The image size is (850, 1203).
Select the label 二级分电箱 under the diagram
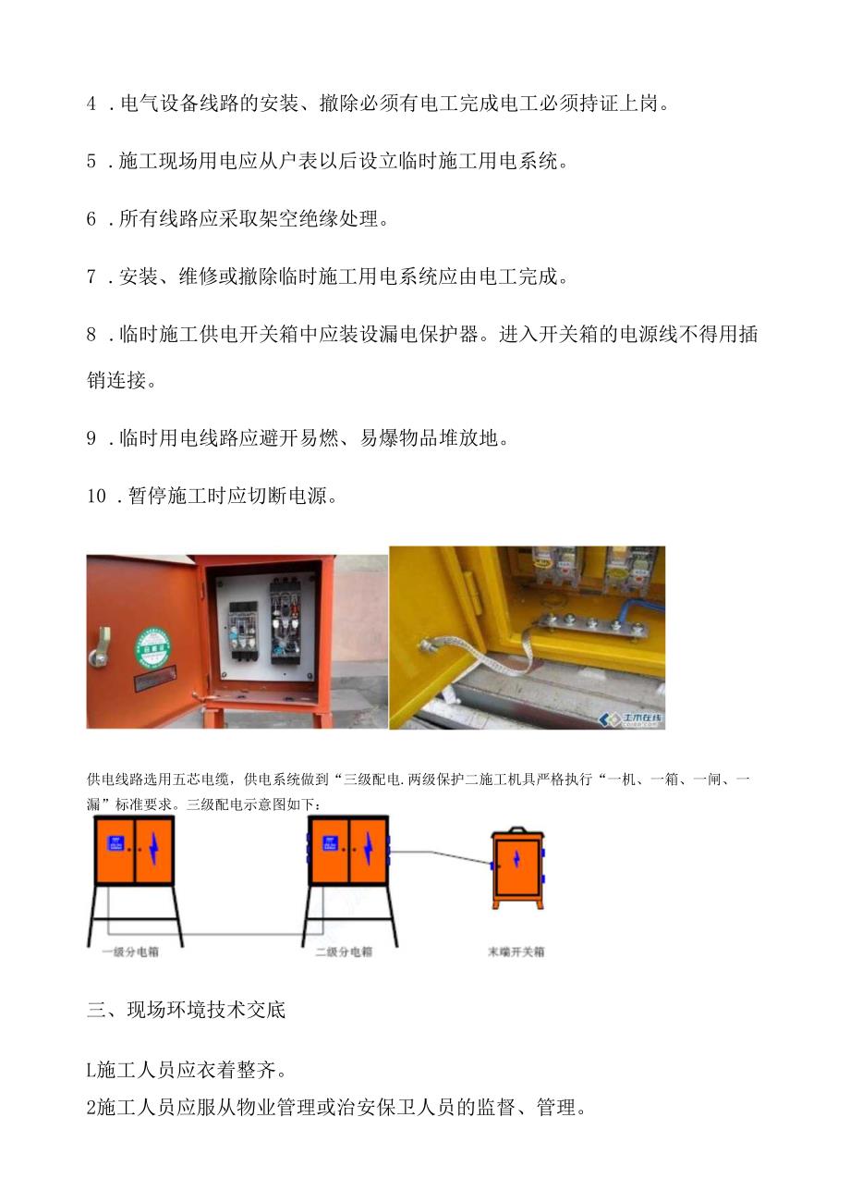pos(343,951)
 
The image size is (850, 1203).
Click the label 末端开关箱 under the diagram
pos(516,951)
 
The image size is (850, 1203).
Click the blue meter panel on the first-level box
pos(116,842)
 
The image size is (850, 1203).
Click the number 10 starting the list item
pos(98,496)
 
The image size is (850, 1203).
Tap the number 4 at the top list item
pos(92,104)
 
